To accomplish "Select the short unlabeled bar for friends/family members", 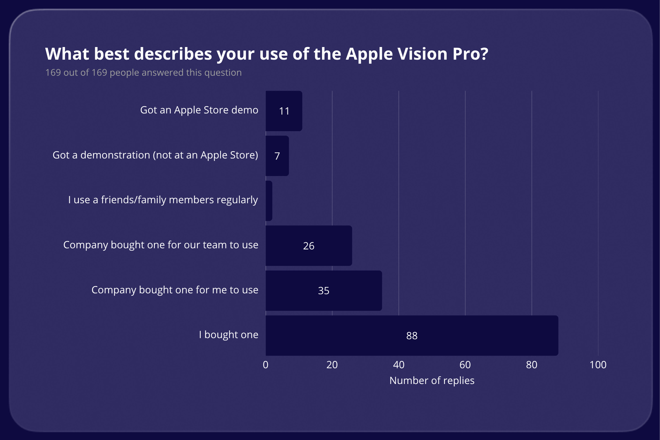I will (x=269, y=201).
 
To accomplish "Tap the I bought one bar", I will (x=479, y=335).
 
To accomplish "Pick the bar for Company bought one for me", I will (x=352, y=290).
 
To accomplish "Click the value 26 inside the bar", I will (x=309, y=246).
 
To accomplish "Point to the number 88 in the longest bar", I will (x=412, y=336).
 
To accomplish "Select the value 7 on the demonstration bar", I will (x=277, y=156).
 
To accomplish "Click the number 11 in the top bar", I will (x=284, y=111).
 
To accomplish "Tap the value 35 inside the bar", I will (x=324, y=291).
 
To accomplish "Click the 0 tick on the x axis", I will (x=266, y=365).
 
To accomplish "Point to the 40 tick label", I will (x=398, y=365).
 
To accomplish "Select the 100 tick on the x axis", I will (x=598, y=365).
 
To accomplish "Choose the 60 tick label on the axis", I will (x=465, y=365).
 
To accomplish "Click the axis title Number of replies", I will (x=432, y=381).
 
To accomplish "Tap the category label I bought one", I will (x=228, y=335).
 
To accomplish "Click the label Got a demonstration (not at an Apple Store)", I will (x=155, y=155).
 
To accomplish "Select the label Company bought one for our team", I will (x=160, y=245).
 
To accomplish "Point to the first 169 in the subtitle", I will (x=53, y=73).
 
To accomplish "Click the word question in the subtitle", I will (x=223, y=73).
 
